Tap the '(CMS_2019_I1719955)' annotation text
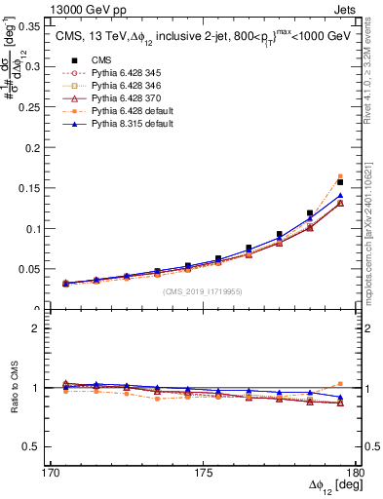tap(203, 291)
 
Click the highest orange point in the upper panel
tap(340, 176)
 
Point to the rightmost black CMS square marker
tap(340, 182)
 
